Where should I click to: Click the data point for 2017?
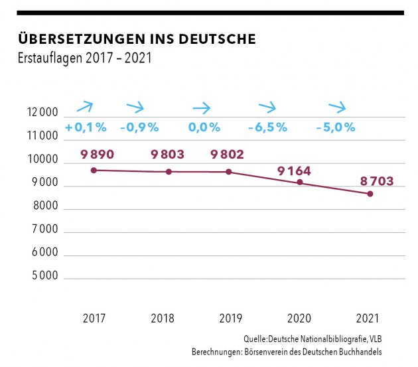94,171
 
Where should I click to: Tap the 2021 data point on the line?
370,194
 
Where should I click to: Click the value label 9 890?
98,155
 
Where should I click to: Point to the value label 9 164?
294,171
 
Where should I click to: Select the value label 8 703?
367,181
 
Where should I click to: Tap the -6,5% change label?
267,127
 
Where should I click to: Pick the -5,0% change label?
336,127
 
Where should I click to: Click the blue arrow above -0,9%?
135,107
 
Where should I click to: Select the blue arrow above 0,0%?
201,107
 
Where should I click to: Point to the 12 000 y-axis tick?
44,113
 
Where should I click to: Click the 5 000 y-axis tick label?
45,276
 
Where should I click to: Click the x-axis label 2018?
163,319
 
